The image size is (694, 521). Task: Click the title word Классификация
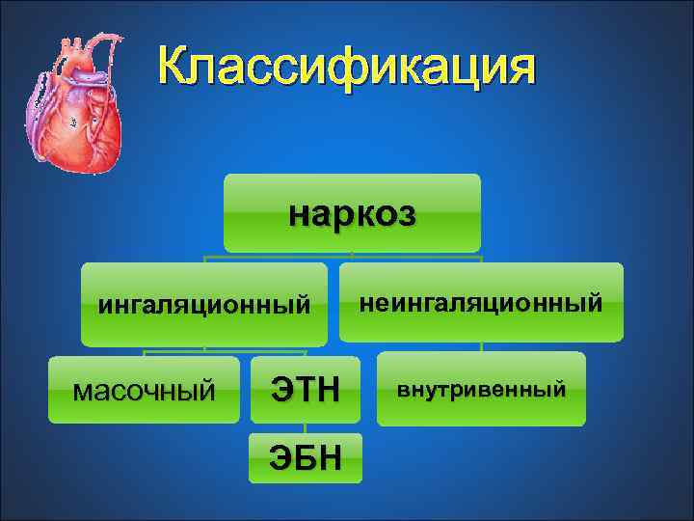click(x=345, y=69)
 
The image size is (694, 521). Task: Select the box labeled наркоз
click(x=352, y=213)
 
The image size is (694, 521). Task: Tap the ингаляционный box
click(x=203, y=305)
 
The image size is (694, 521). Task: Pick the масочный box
click(x=144, y=390)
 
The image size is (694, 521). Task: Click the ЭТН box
click(x=306, y=390)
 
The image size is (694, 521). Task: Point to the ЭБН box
click(x=306, y=457)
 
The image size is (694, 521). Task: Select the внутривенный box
click(x=481, y=389)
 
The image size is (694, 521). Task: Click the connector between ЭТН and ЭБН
click(x=306, y=427)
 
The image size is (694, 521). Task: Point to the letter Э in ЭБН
click(x=280, y=457)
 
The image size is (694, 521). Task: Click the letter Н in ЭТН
click(x=329, y=391)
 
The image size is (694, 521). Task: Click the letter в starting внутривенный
click(x=404, y=391)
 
